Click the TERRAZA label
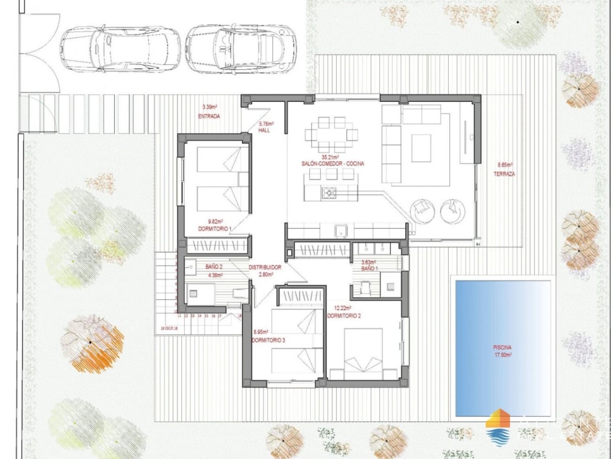click(504, 174)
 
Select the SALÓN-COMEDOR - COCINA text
click(333, 164)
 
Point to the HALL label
click(264, 131)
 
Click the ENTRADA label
click(209, 116)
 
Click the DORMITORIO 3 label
click(269, 340)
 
